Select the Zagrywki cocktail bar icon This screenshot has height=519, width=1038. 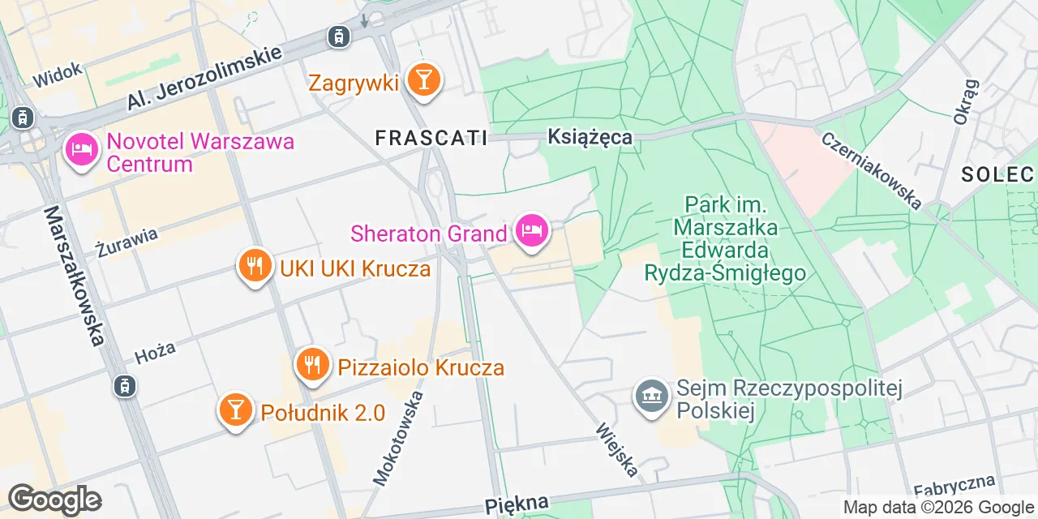422,80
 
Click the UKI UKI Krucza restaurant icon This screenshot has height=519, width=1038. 255,267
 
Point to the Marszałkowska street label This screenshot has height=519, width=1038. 75,275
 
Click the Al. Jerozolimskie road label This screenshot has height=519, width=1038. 204,78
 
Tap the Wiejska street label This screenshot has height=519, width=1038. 617,449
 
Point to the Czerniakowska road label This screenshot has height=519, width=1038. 871,170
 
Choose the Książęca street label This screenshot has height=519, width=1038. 590,137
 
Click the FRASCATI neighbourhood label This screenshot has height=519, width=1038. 431,139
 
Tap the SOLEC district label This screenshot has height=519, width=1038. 997,174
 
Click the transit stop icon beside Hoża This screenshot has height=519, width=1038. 124,386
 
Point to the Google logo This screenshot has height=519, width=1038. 54,500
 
